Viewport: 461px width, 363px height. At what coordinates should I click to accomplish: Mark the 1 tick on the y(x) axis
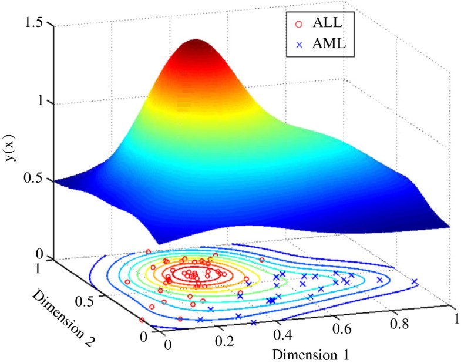coord(42,102)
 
